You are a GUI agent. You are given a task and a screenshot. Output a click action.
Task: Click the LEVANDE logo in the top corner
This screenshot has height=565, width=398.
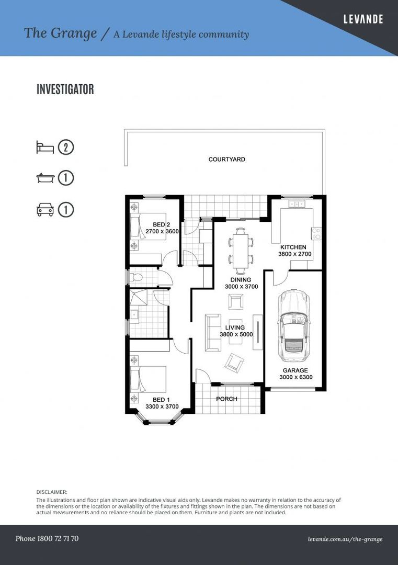[x=363, y=19]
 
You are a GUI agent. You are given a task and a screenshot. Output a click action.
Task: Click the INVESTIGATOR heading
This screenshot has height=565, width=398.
[x=65, y=89]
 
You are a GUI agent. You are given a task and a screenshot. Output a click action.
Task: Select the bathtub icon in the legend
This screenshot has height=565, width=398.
[x=45, y=178]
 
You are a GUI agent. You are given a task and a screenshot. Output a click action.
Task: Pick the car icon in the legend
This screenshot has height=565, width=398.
[x=45, y=210]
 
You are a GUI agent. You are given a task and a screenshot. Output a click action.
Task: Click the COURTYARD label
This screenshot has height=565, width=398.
[x=226, y=160]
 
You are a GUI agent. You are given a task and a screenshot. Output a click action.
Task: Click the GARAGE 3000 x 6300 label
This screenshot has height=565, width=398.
[x=295, y=374]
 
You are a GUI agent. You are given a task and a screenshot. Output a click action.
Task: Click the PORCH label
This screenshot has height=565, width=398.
[x=226, y=399]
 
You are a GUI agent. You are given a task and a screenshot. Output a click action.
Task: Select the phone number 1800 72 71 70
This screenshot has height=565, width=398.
[x=47, y=538]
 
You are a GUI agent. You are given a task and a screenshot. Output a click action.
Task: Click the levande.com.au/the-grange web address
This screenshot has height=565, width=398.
[x=345, y=539]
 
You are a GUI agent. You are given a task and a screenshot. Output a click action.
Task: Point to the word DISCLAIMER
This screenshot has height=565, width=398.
[x=52, y=492]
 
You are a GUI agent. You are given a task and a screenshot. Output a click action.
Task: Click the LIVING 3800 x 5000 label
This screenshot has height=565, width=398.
[x=235, y=331]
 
